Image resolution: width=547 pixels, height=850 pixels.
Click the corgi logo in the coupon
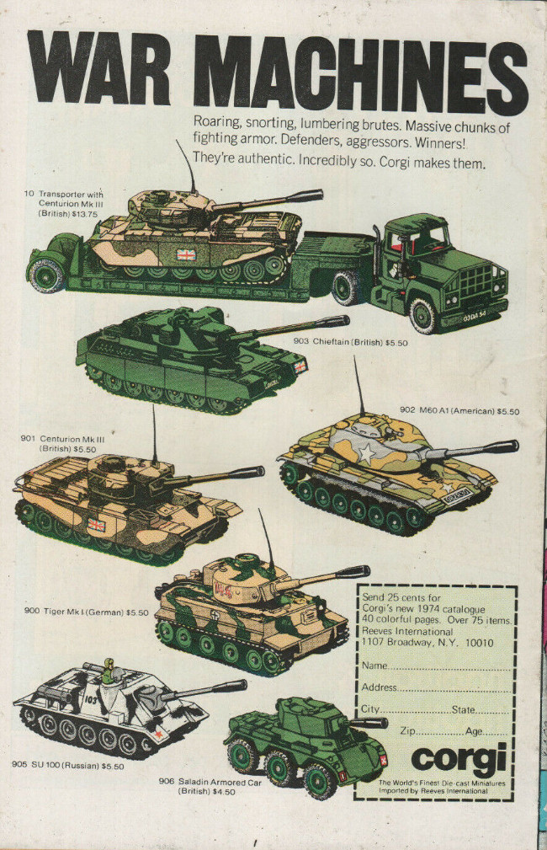pos(459,760)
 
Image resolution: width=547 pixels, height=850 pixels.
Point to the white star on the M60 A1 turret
pos(367,453)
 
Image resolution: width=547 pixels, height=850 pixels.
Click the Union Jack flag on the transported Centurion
pos(186,254)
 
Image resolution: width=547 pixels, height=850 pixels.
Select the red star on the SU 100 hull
pos(159,735)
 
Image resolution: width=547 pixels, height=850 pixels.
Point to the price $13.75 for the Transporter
pos(84,214)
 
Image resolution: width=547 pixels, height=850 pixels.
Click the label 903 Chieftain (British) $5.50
pos(350,343)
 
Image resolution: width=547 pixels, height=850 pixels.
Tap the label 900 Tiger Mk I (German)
pos(74,612)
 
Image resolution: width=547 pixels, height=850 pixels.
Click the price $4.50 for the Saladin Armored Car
pos(224,792)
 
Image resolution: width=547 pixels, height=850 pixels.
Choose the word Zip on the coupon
pos(408,730)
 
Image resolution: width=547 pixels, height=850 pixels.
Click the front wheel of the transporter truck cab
pos(422,314)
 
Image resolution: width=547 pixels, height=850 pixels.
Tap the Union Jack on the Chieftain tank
pos(300,367)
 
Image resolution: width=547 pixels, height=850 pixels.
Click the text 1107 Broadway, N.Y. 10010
pos(428,643)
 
